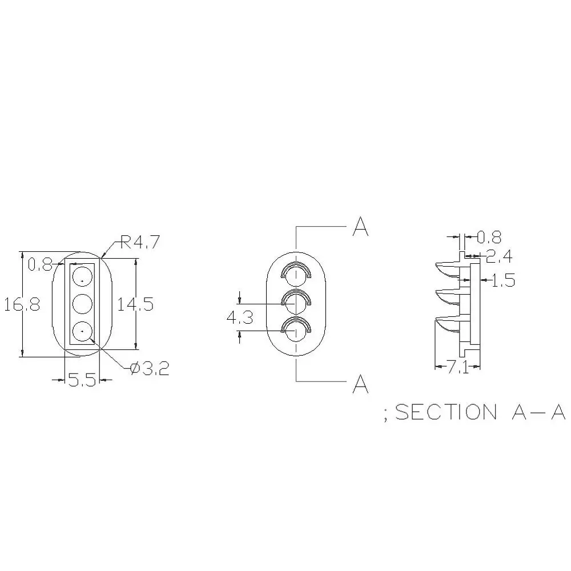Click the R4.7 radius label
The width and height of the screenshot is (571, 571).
click(x=140, y=242)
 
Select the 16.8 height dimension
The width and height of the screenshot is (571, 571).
click(x=22, y=304)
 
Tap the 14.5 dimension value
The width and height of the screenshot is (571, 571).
click(x=135, y=304)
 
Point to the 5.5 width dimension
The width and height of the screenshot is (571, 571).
click(x=82, y=380)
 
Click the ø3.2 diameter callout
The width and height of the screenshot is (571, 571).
click(x=150, y=369)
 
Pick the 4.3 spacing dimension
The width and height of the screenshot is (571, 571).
click(x=240, y=318)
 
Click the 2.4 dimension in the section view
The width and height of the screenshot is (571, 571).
click(x=499, y=257)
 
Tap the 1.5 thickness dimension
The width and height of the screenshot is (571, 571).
click(x=503, y=280)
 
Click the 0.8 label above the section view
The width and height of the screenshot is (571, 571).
click(x=489, y=238)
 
